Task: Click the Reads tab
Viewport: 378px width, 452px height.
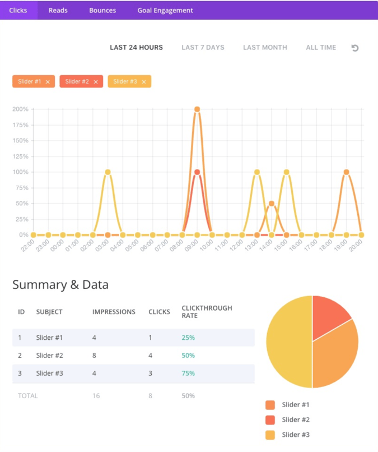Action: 58,10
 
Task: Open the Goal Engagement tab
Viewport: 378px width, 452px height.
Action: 165,10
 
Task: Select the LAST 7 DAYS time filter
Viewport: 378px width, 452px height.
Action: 203,48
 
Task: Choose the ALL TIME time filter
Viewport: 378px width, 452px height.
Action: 321,48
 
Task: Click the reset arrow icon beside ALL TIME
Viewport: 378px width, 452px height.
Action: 355,48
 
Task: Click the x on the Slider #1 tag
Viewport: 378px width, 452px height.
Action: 48,82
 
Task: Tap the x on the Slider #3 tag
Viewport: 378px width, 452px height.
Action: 144,82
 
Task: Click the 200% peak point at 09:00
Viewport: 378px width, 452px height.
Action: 197,109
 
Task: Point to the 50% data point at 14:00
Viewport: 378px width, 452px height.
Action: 272,204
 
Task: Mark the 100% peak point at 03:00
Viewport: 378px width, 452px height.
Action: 108,172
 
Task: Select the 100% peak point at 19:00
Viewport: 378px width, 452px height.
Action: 347,172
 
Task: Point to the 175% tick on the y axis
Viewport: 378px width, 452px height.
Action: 20,125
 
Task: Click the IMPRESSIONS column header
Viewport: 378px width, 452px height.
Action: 114,312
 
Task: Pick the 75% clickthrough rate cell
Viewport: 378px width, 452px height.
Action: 188,373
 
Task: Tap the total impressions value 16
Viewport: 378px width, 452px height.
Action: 96,396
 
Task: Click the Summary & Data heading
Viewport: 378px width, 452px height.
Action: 60,285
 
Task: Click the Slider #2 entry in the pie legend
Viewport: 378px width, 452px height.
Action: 296,419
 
